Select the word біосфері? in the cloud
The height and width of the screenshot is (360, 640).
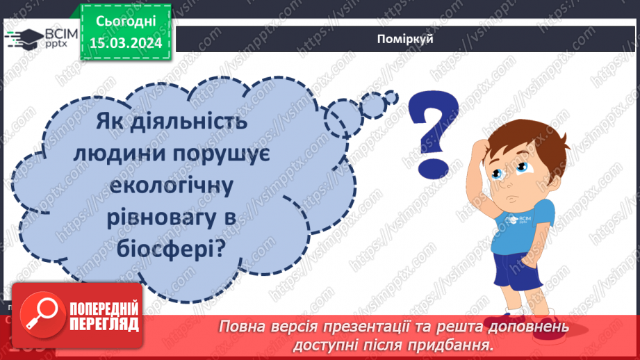point(172,247)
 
